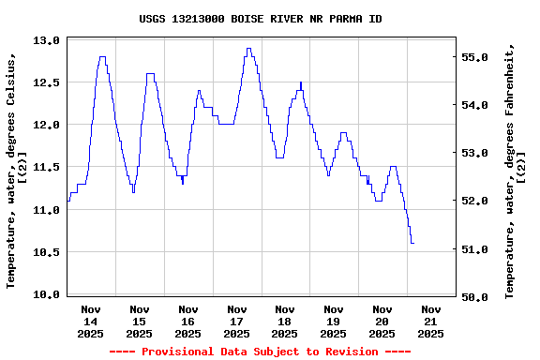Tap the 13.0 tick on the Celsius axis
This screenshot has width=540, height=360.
[47, 40]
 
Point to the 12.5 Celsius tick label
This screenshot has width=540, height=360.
[47, 82]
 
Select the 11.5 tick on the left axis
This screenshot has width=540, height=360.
[47, 167]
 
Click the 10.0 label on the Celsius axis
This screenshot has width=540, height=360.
[47, 294]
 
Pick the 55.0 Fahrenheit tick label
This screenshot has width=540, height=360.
[476, 57]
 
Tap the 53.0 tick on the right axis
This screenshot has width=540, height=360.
[476, 153]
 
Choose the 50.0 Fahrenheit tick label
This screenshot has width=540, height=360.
[476, 297]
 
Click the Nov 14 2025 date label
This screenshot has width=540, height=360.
[91, 321]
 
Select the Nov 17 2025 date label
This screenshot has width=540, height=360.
[236, 321]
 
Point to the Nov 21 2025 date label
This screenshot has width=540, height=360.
[430, 321]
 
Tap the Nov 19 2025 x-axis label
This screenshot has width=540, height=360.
[333, 321]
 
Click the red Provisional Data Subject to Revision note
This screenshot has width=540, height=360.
[260, 352]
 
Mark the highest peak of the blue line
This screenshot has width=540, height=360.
[248, 49]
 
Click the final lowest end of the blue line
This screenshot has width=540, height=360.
[412, 243]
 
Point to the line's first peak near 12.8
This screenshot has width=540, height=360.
[101, 57]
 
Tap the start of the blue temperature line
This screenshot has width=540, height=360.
[68, 201]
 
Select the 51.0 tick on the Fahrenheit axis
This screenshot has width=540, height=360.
[476, 249]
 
